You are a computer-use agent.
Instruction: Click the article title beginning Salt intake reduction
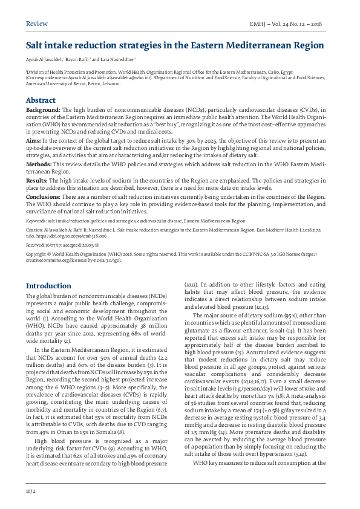point(174,45)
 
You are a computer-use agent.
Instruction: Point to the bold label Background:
point(43,109)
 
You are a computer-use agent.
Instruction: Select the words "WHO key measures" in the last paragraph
point(218,462)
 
